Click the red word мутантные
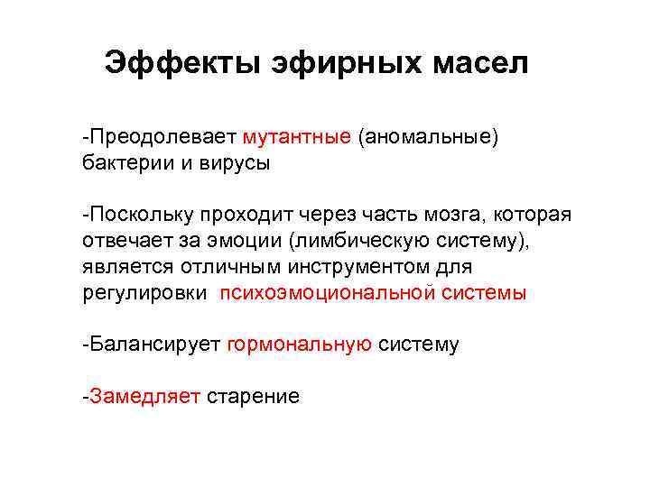(297, 138)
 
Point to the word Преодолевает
(162, 138)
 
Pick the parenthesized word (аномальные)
(428, 138)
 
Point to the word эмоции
(249, 242)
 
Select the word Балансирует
(153, 345)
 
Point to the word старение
(253, 396)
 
